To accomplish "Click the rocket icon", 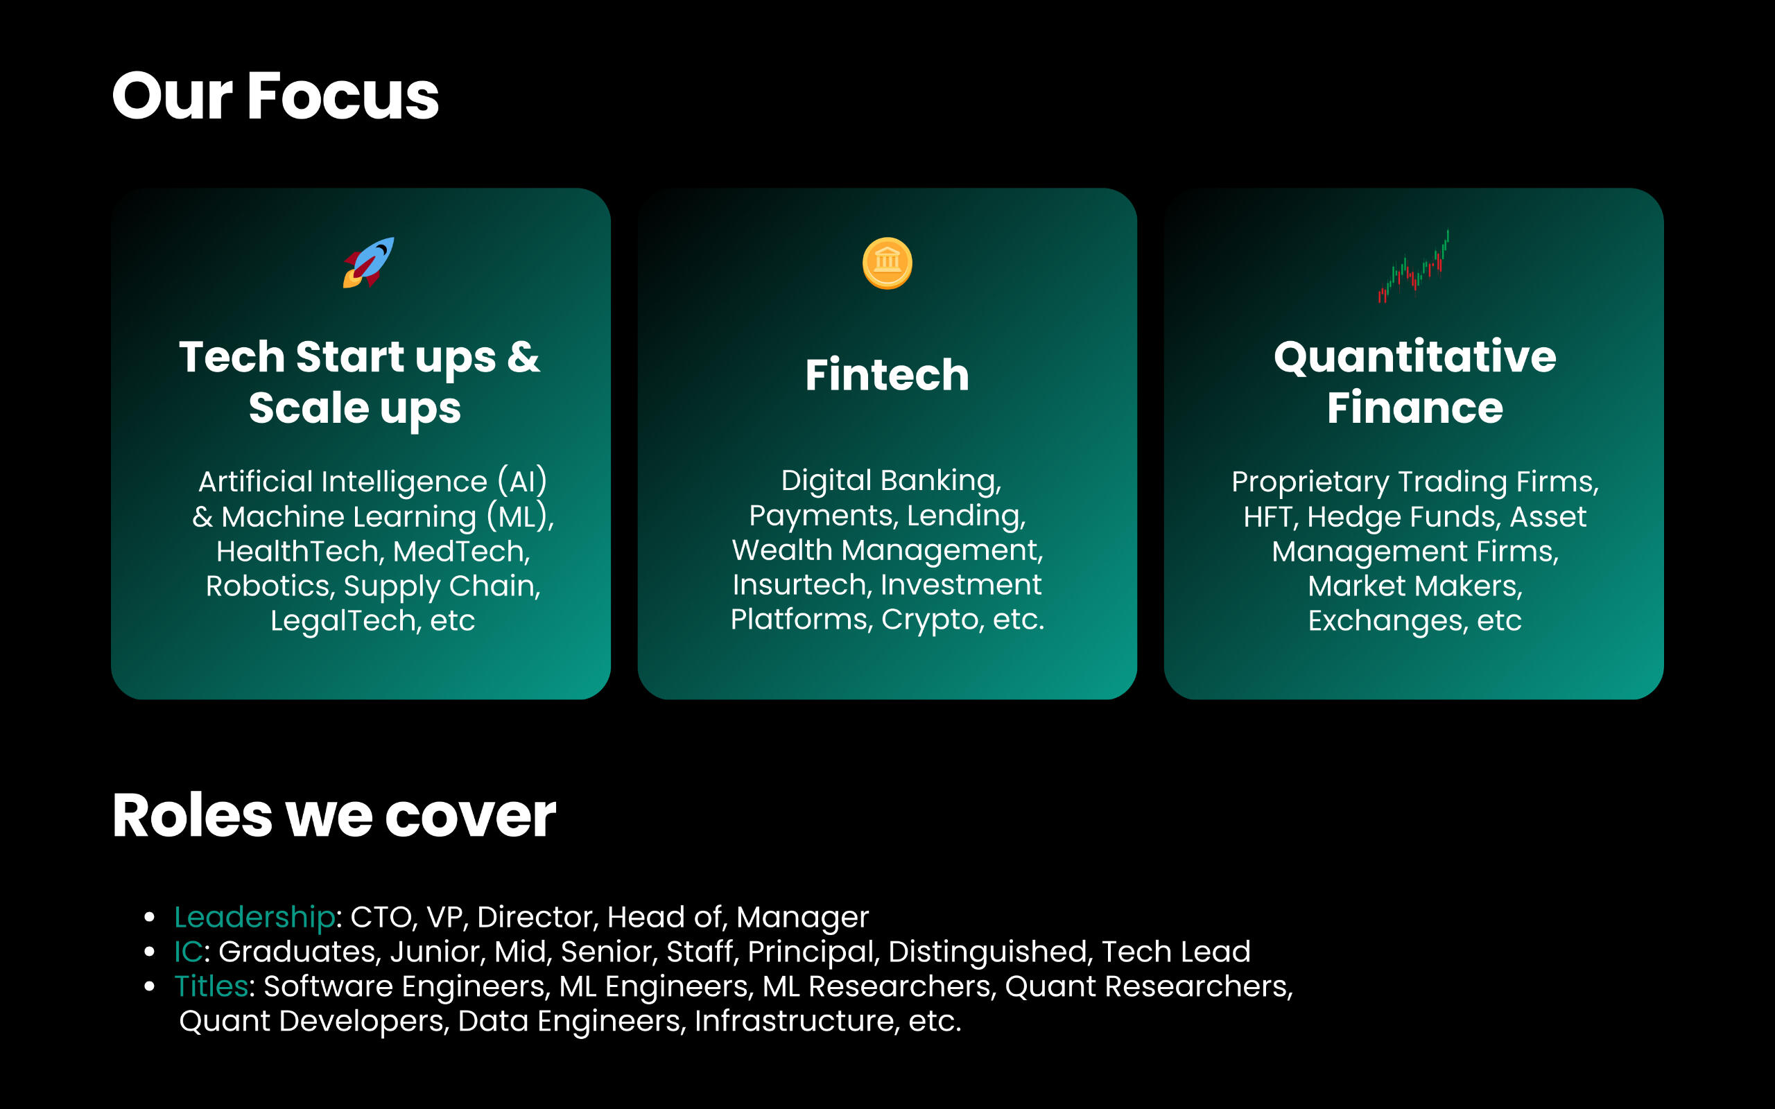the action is coord(368,263).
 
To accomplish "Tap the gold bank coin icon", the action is coord(887,263).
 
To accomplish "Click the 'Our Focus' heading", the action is coord(276,96).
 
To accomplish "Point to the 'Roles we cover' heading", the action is coord(334,816).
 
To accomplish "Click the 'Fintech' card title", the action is coord(887,375).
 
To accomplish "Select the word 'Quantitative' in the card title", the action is coord(1415,357).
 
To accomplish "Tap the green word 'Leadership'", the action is coord(254,917).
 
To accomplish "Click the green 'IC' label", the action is coord(188,951).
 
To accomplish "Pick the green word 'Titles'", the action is coord(211,986).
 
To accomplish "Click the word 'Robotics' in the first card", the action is coord(267,586).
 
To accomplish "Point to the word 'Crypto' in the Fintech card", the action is coord(930,620).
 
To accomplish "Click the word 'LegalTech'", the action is coord(342,621).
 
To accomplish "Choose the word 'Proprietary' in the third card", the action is coord(1310,482).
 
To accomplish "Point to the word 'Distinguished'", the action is coord(987,952).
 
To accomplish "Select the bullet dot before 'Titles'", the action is coord(150,986).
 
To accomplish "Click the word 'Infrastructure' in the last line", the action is coord(793,1021).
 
